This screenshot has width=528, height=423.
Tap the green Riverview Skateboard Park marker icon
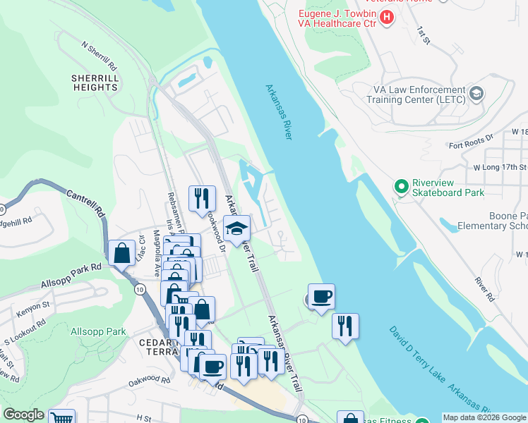pyautogui.click(x=402, y=187)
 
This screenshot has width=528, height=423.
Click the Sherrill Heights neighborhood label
pyautogui.click(x=95, y=82)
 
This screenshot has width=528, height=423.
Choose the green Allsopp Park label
pyautogui.click(x=98, y=331)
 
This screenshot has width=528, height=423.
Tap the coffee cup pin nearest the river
pyautogui.click(x=321, y=295)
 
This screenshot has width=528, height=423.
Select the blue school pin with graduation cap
pyautogui.click(x=236, y=228)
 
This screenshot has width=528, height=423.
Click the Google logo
pyautogui.click(x=23, y=415)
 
